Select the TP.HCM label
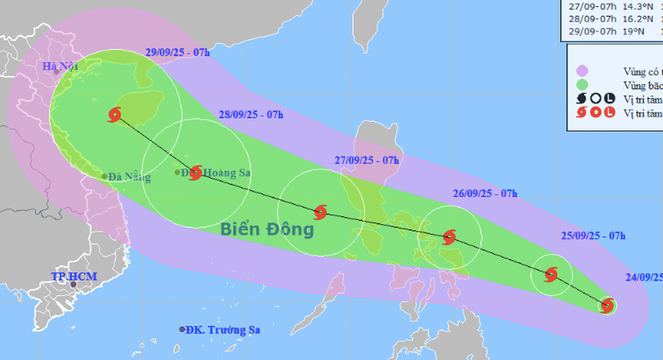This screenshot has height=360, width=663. coord(74,277)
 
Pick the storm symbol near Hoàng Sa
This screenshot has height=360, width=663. coord(195,173)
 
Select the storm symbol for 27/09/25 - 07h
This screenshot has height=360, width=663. coord(320,213)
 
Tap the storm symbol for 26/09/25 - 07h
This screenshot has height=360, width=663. coord(449,237)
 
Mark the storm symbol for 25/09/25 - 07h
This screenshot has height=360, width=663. coord(551,274)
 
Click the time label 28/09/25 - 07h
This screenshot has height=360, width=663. coord(251,114)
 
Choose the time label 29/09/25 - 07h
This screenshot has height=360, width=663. coord(177,53)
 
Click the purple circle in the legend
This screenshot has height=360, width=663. coord(582,71)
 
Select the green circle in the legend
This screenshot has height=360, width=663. coord(582,85)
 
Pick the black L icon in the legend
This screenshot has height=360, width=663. coord(610,99)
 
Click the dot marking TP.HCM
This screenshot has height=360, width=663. coord(73,284)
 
